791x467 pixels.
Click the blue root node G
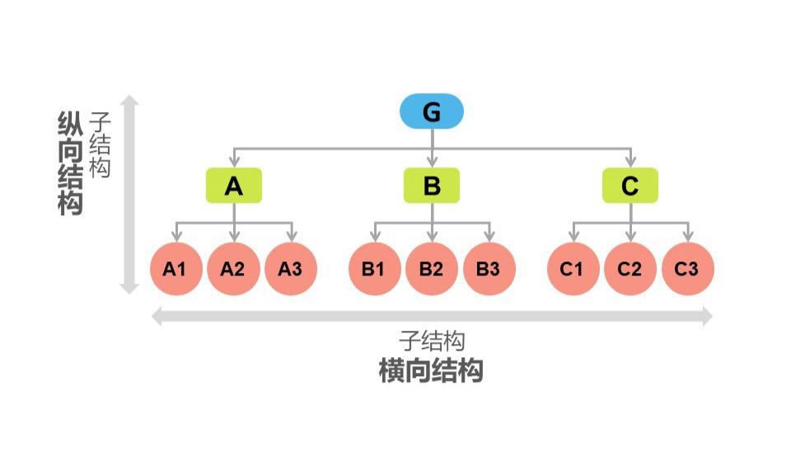(x=432, y=111)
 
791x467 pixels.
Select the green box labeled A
(x=234, y=186)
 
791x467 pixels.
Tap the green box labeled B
(x=432, y=186)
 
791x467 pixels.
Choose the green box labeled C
(x=630, y=186)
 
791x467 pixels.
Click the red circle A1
(x=176, y=268)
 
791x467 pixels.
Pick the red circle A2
(x=233, y=268)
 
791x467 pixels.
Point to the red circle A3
(x=290, y=268)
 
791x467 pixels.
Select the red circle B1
(x=374, y=268)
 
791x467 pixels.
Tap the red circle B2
(x=432, y=268)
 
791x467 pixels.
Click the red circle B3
(x=489, y=268)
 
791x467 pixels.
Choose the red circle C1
(x=573, y=268)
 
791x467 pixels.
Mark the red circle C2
(x=630, y=268)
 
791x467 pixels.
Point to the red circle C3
(x=687, y=268)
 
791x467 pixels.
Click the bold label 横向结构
(x=431, y=370)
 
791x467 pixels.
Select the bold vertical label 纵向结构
(x=71, y=163)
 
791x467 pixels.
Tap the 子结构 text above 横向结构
(x=433, y=340)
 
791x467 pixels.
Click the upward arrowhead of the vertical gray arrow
(x=129, y=101)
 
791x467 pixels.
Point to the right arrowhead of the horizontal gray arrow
(x=707, y=317)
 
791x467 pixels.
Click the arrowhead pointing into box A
(x=234, y=163)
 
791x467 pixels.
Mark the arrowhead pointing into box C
(x=630, y=163)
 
